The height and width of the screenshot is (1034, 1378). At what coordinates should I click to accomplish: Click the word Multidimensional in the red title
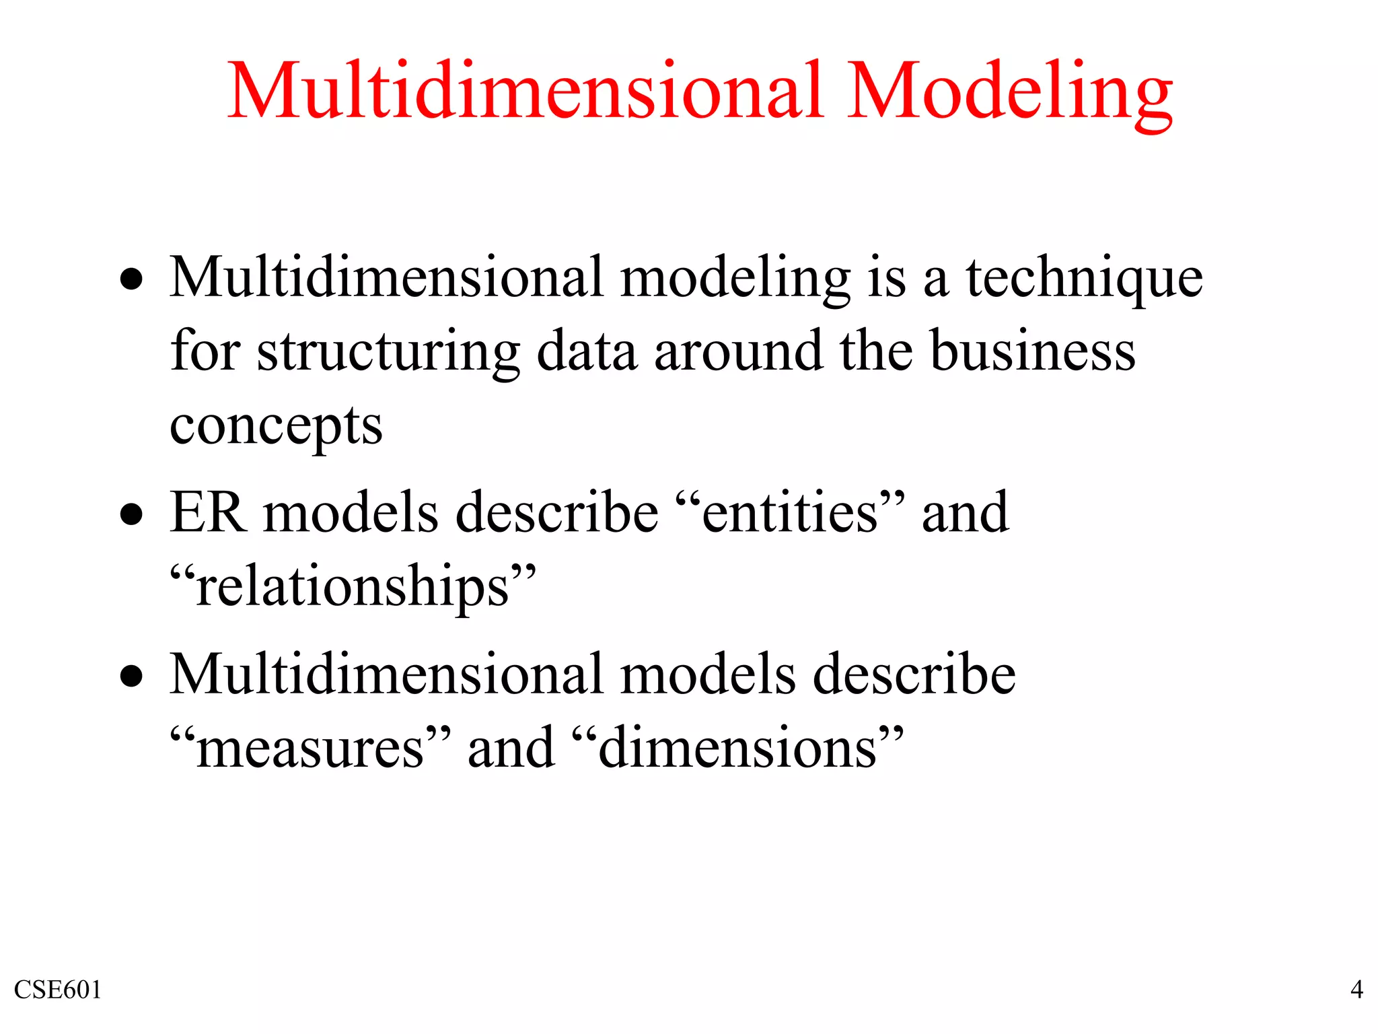(x=525, y=91)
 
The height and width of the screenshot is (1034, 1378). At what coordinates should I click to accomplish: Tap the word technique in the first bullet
(x=1084, y=279)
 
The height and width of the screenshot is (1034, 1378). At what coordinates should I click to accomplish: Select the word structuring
(x=388, y=353)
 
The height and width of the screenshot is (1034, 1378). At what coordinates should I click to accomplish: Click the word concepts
(x=276, y=427)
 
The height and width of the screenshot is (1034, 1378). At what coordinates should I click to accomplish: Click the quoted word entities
(x=789, y=513)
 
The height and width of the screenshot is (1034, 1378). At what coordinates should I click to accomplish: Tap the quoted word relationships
(x=353, y=587)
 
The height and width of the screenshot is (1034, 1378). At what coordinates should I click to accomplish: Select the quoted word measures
(x=310, y=749)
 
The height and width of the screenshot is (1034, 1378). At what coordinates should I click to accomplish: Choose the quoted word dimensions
(x=737, y=749)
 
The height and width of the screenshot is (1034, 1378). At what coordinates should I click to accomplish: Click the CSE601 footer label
(x=58, y=990)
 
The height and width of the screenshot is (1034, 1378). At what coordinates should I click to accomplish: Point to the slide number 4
(x=1356, y=990)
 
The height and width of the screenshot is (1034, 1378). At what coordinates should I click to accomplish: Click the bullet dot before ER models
(x=132, y=516)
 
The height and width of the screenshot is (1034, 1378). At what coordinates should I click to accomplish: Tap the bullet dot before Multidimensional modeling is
(x=132, y=280)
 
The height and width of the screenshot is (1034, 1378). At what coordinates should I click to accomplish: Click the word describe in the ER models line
(x=557, y=513)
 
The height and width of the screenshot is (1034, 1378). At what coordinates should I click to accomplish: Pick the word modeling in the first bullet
(x=735, y=279)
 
